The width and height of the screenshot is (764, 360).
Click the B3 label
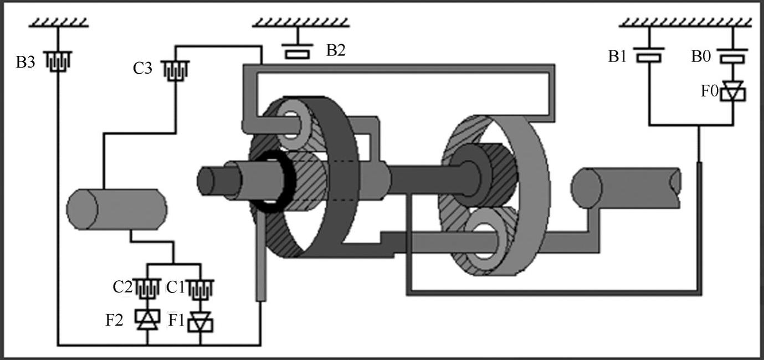pos(25,63)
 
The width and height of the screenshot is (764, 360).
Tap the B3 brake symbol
pos(58,61)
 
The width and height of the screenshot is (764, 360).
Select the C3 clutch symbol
pos(175,70)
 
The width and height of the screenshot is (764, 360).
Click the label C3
pos(142,68)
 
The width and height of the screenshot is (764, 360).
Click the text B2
pos(336,50)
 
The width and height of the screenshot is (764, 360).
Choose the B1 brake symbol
pos(649,55)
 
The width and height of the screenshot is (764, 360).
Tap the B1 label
pos(617,56)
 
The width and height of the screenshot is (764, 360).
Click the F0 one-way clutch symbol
pos(732,91)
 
